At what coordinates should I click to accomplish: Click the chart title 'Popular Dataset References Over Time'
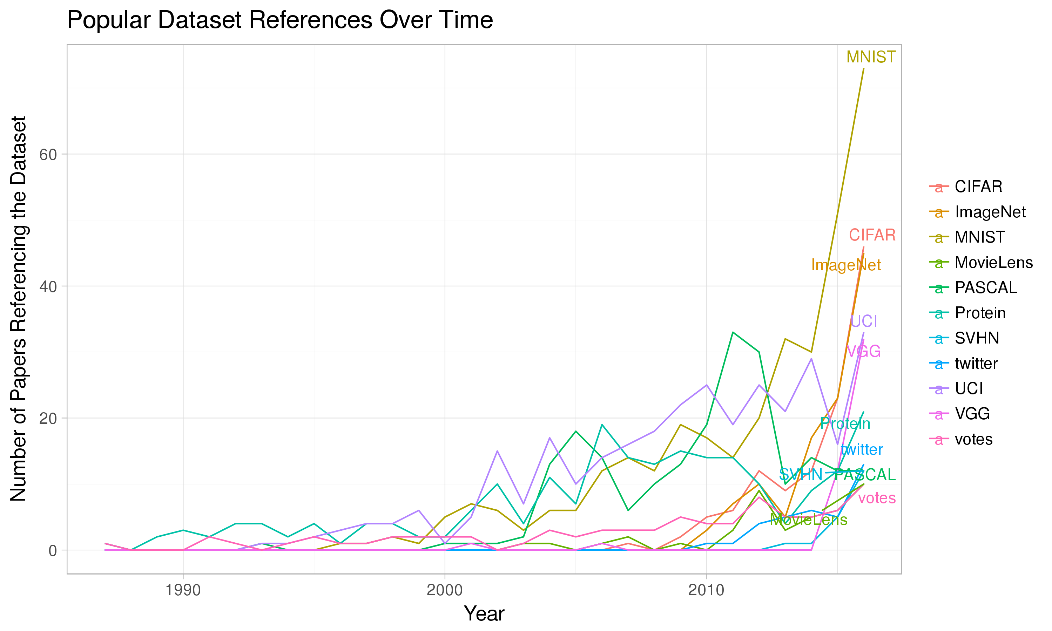pos(280,20)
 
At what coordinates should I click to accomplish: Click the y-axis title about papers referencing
pos(19,309)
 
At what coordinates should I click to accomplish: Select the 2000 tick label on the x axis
pos(444,590)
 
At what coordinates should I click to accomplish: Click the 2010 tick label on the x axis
pos(706,590)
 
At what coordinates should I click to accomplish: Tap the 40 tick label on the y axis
pos(48,287)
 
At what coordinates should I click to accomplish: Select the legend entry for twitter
pos(976,364)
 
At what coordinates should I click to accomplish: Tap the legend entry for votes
pos(973,439)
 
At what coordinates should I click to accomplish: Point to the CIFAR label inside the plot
pos(872,235)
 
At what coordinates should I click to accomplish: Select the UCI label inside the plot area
pos(864,321)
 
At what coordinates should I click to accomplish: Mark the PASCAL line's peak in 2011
pos(733,332)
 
